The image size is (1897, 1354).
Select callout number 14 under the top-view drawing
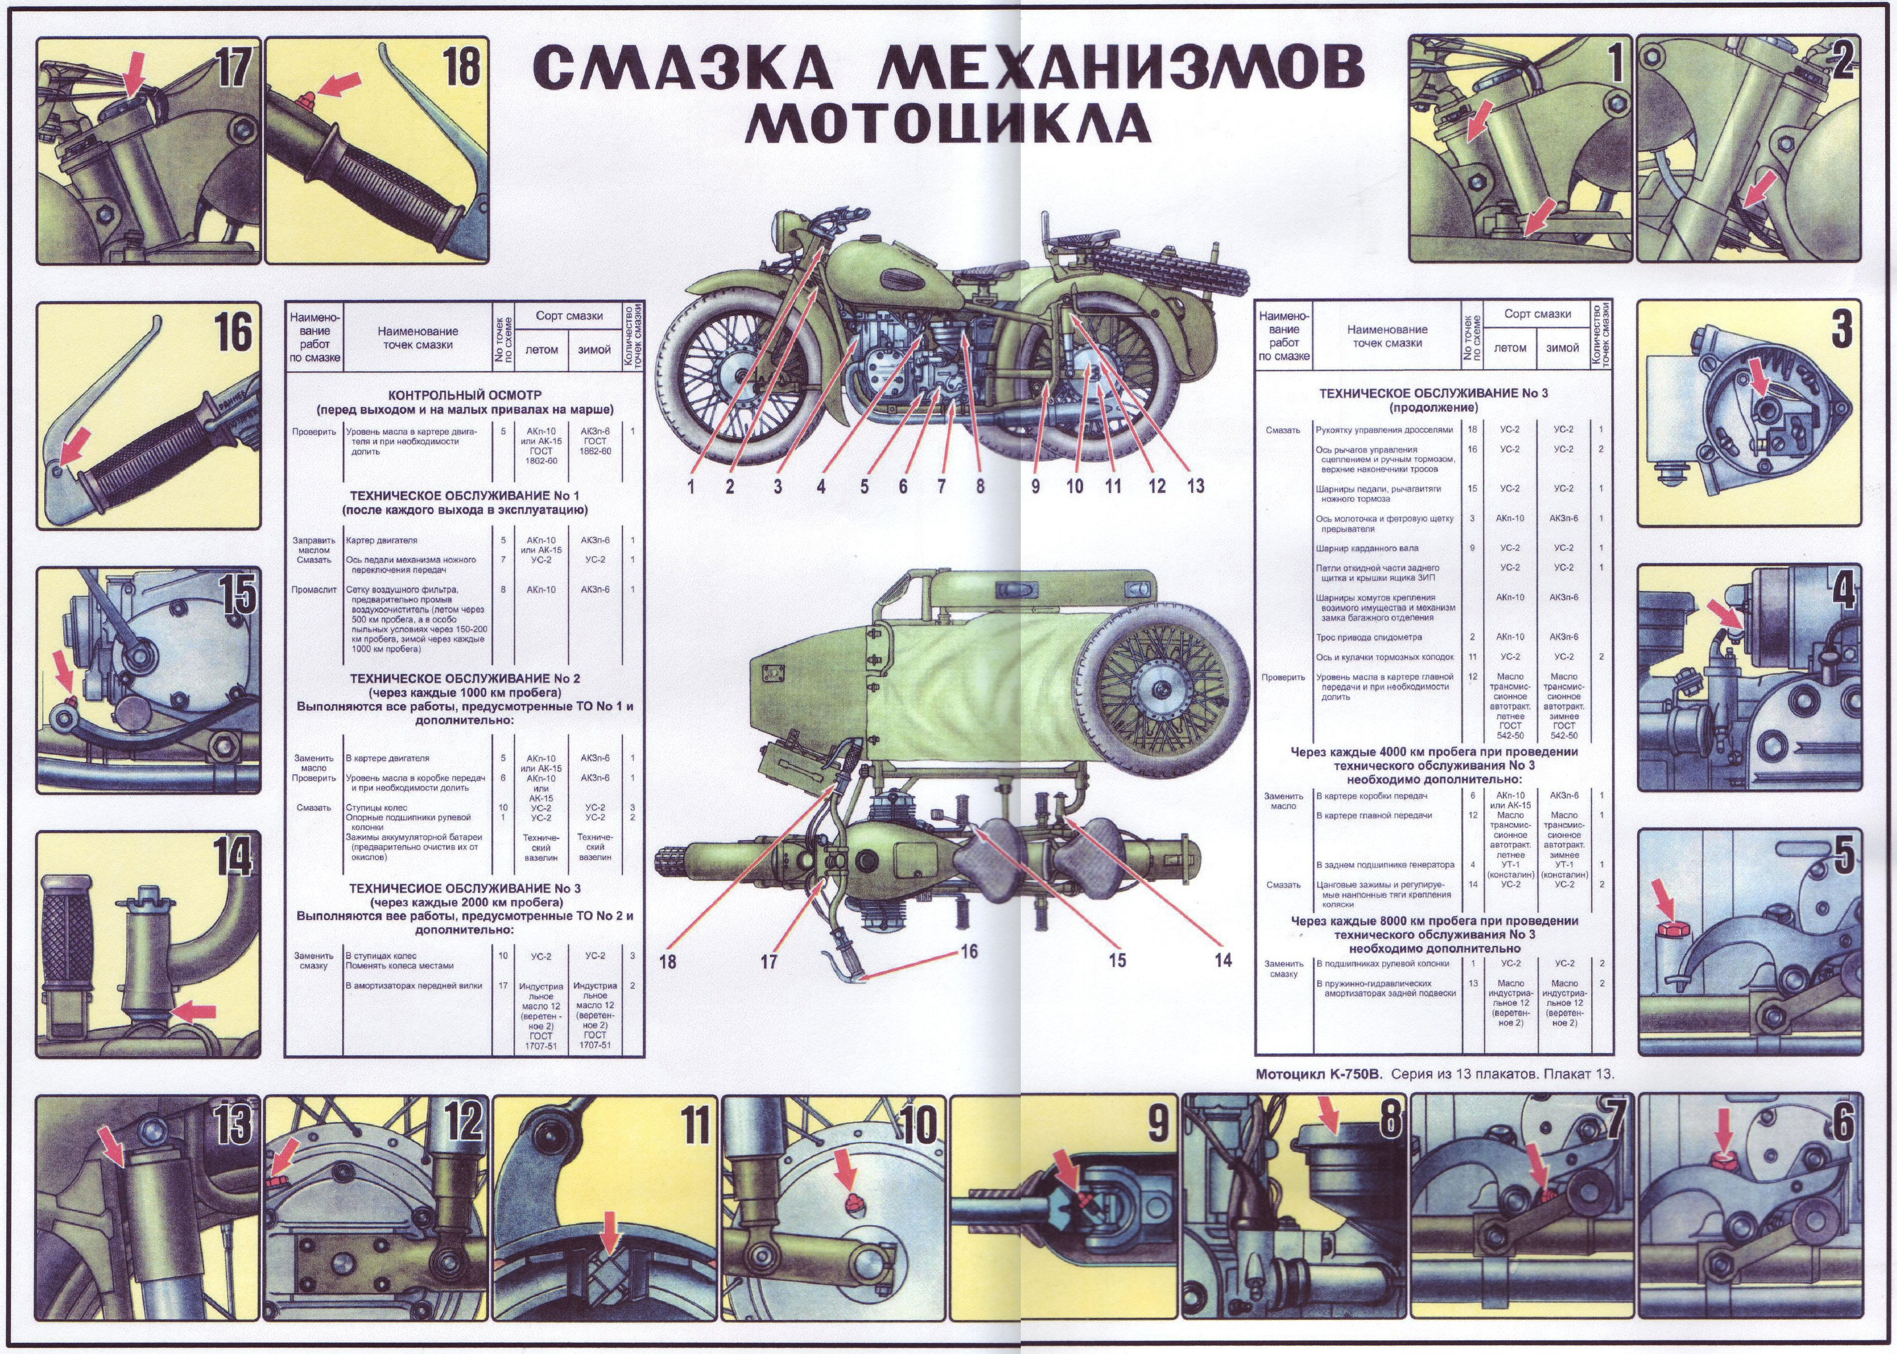coord(1222,959)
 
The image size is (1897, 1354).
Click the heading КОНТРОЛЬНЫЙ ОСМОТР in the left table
coord(465,395)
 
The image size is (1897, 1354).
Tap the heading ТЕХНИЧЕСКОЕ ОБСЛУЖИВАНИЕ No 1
coord(465,495)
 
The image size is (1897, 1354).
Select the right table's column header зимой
coord(1562,348)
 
